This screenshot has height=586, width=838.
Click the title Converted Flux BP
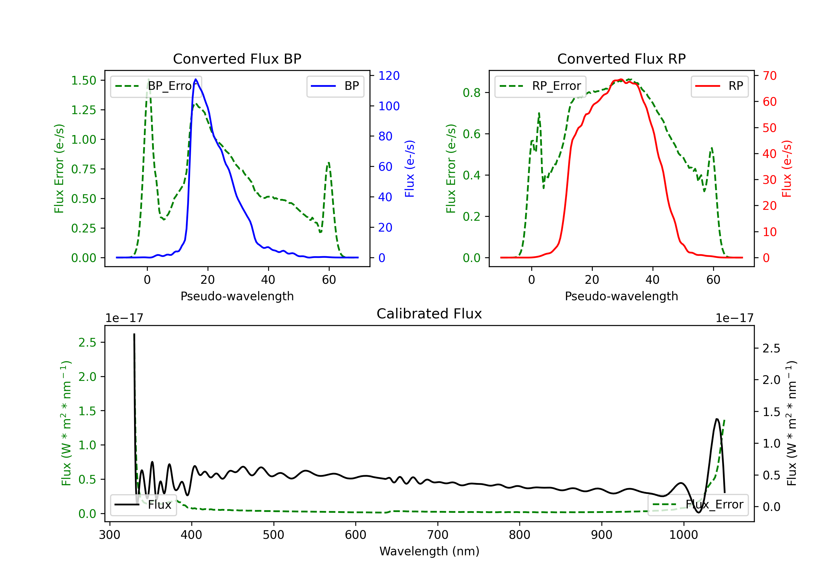point(237,59)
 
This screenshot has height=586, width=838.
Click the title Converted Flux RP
point(621,59)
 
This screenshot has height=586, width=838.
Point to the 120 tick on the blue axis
point(389,76)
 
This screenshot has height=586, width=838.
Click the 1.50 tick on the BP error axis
point(84,81)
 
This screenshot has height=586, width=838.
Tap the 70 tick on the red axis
point(769,76)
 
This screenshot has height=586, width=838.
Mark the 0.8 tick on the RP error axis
point(472,93)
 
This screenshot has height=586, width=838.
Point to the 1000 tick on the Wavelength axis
point(683,535)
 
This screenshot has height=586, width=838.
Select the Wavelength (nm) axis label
point(429,551)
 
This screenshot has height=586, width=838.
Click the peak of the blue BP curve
point(196,80)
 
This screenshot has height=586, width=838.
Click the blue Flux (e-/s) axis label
point(410,169)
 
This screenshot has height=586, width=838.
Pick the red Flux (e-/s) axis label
point(787,169)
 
